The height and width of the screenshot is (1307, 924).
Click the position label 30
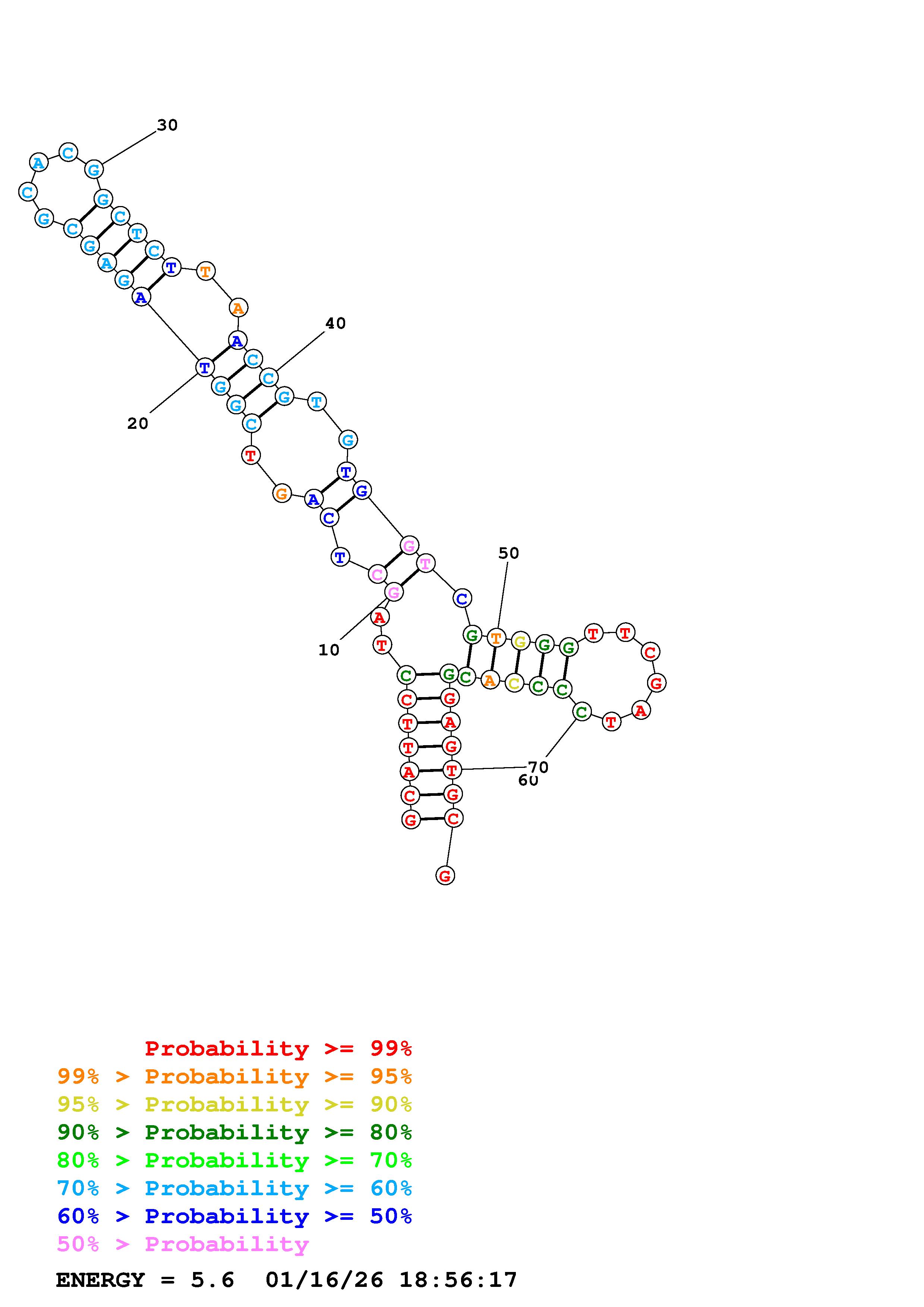pyautogui.click(x=167, y=125)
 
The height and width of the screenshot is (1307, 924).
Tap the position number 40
pyautogui.click(x=335, y=323)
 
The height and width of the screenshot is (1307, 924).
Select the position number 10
pyautogui.click(x=328, y=650)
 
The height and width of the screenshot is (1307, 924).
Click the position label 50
pyautogui.click(x=508, y=553)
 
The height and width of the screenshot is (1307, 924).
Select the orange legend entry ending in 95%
pyautogui.click(x=234, y=1076)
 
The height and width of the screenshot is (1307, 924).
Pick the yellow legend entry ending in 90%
pyautogui.click(x=234, y=1104)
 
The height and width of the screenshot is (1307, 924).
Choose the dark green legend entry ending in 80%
pyautogui.click(x=234, y=1132)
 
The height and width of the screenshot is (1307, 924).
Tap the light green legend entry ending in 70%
pyautogui.click(x=234, y=1160)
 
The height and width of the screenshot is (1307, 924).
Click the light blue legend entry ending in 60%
pyautogui.click(x=234, y=1188)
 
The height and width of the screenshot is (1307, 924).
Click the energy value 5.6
pyautogui.click(x=212, y=1280)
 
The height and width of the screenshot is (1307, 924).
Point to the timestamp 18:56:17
pyautogui.click(x=458, y=1280)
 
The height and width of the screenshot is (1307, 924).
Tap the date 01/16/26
pyautogui.click(x=325, y=1280)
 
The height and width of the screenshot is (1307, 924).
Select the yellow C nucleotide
pyautogui.click(x=514, y=683)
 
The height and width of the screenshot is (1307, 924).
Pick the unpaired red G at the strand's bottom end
pyautogui.click(x=445, y=876)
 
